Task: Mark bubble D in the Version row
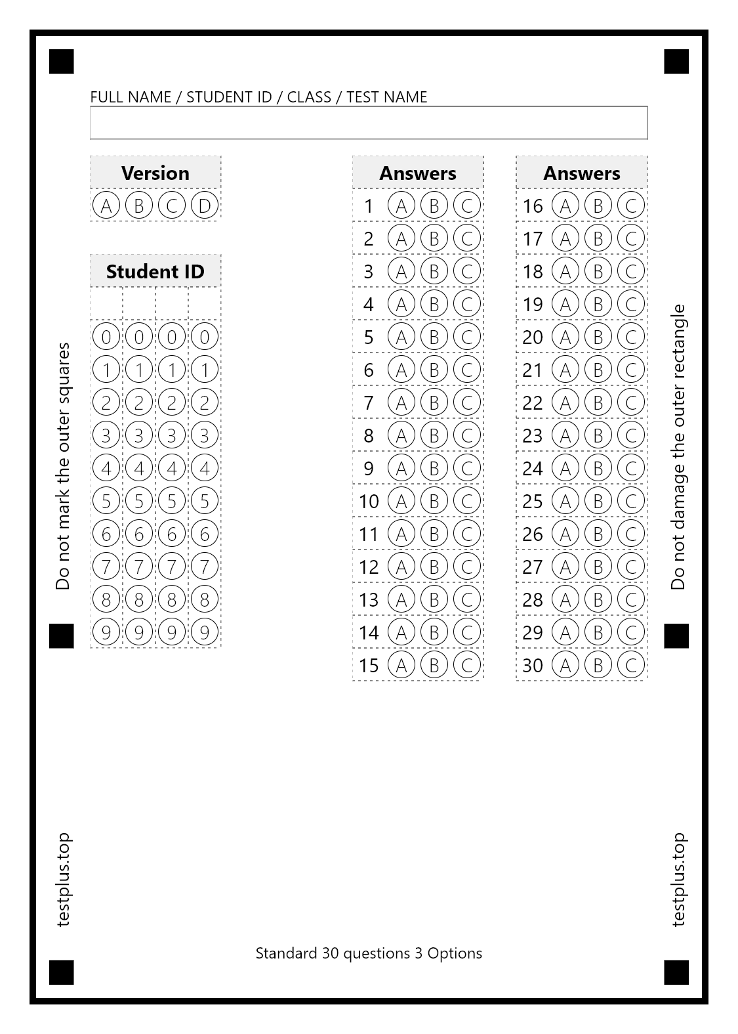pos(205,205)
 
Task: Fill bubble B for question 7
pos(434,402)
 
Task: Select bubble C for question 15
pos(466,665)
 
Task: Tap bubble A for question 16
pos(565,205)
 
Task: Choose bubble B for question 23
pos(598,435)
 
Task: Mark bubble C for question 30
pos(630,665)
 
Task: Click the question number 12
pos(369,567)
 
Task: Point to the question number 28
pos(533,599)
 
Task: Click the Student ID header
pos(155,271)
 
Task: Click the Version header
pos(155,173)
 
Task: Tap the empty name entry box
pos(369,123)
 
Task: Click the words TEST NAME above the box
pos(386,97)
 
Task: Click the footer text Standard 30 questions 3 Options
pos(369,953)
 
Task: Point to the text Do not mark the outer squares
pos(63,466)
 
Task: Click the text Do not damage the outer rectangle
pos(678,446)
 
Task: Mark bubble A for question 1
pos(401,205)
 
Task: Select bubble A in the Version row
pos(106,205)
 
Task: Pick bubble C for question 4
pos(466,304)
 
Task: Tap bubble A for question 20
pos(565,337)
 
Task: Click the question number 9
pos(369,468)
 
